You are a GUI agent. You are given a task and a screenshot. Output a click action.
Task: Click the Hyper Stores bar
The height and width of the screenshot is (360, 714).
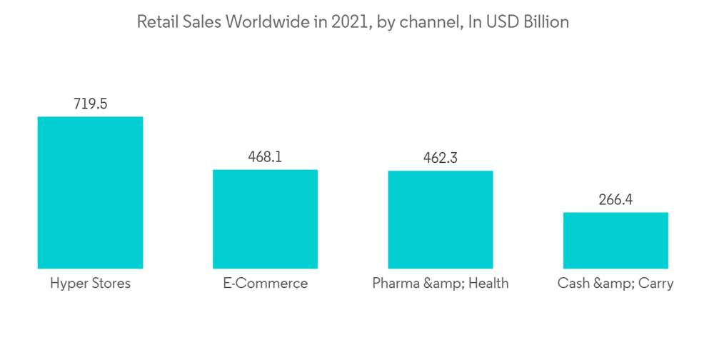point(90,192)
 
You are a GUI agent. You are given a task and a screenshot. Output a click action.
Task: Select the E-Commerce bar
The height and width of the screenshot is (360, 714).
point(265,219)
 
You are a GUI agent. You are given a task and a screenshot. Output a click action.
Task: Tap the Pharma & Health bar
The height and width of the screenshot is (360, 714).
point(441,219)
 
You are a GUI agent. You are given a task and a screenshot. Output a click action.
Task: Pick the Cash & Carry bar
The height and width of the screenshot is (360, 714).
point(615,240)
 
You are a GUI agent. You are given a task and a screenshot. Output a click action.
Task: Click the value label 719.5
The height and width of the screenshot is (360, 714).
point(90,104)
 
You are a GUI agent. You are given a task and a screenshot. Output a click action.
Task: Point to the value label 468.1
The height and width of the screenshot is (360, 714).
point(265,156)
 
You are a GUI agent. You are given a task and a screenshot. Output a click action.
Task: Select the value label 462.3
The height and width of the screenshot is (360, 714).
point(441,158)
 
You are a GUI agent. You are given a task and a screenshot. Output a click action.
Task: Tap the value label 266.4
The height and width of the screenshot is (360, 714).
point(615,199)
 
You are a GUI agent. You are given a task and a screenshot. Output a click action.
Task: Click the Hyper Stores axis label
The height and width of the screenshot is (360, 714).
point(90,284)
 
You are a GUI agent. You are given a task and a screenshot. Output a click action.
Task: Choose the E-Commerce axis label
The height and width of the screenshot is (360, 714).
point(265,284)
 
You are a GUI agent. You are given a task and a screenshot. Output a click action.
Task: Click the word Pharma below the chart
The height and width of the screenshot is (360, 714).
point(395,284)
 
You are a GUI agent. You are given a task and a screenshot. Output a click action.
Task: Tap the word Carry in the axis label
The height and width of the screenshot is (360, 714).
point(655,284)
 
